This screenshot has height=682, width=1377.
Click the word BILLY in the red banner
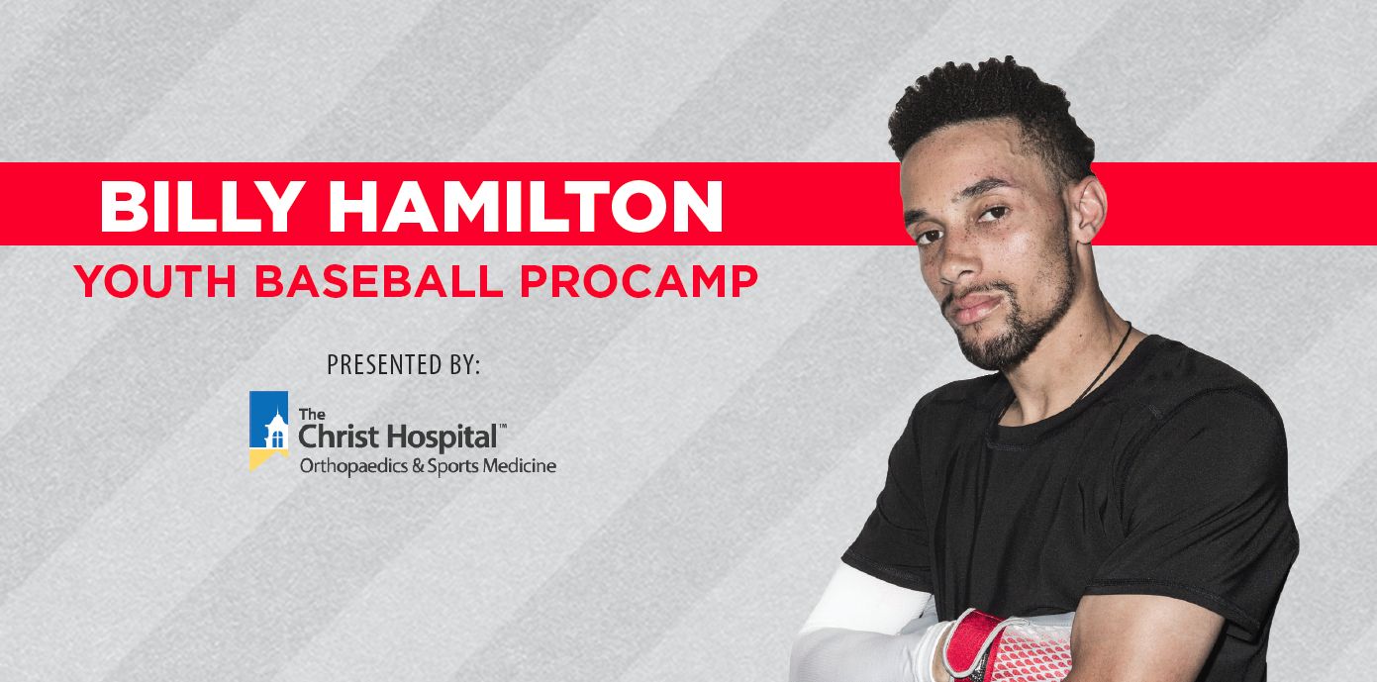pos(203,206)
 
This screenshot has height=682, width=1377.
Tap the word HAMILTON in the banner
pos(526,206)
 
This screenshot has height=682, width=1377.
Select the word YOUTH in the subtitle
pos(155,281)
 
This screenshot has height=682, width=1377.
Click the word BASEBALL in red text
pos(379,281)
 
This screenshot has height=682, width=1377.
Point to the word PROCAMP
pos(639,281)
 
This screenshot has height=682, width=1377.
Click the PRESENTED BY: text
pos(403,364)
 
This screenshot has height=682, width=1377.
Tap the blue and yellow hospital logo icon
pos(268,431)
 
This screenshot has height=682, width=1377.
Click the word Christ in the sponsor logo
pos(339,437)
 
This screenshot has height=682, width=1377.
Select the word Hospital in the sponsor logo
pos(442,438)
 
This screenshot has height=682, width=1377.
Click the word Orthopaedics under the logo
pos(354,466)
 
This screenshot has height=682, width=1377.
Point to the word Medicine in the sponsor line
pos(519,466)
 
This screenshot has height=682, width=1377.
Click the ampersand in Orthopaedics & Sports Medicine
pos(418,466)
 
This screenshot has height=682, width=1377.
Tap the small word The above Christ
pos(312,414)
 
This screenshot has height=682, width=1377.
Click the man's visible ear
pos(1088,209)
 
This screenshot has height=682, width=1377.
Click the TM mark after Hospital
pos(502,426)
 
